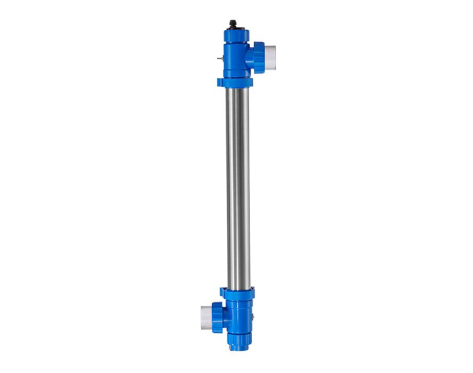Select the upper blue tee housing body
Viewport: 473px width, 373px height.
(x=235, y=60)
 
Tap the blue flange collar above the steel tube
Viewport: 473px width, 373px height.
(x=235, y=82)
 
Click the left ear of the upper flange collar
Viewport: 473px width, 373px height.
(x=221, y=83)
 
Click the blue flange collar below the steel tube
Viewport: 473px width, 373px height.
(x=239, y=293)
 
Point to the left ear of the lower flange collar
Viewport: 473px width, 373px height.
(x=224, y=293)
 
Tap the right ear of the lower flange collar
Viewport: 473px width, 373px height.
(x=253, y=293)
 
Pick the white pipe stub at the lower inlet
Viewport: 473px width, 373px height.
(x=205, y=317)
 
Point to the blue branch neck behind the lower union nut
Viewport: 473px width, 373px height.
(x=226, y=317)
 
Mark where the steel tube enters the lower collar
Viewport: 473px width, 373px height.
(x=238, y=286)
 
